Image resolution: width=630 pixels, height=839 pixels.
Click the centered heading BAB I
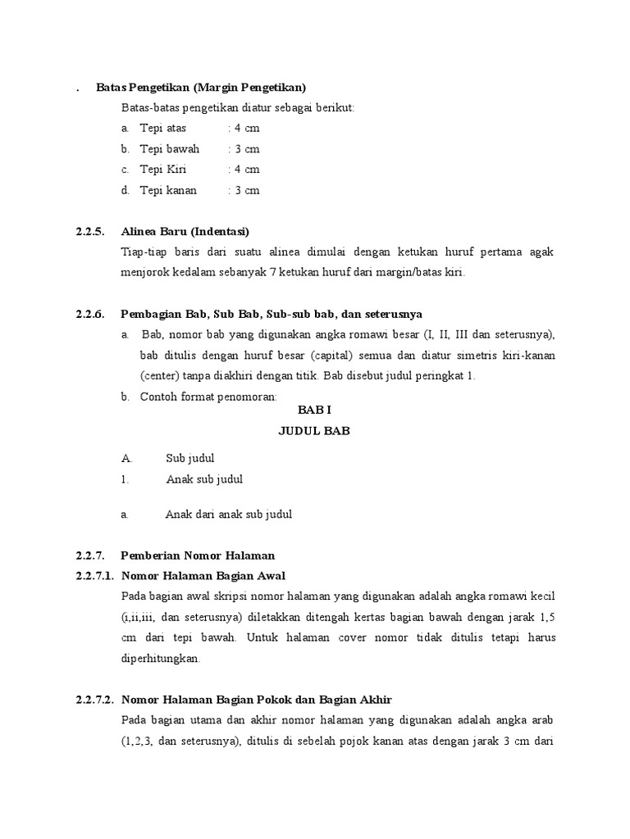point(313,410)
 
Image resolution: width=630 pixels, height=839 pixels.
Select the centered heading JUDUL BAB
point(314,431)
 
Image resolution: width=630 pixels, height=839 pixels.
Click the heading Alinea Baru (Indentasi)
point(185,231)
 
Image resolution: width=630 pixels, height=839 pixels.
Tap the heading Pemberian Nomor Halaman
point(198,556)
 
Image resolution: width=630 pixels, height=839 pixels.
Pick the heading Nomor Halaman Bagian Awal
point(203,575)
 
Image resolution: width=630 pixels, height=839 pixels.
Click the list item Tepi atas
point(163,129)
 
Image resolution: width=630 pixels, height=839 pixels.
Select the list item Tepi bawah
point(170,149)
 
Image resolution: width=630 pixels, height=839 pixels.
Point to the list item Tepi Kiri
point(163,170)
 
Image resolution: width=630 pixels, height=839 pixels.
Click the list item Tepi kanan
point(168,190)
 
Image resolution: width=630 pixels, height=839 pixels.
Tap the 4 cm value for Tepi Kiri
point(247,170)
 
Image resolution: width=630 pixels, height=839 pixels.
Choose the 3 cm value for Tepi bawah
point(247,149)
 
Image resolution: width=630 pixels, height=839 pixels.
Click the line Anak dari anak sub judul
point(229,515)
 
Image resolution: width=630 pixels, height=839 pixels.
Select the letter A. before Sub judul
point(126,459)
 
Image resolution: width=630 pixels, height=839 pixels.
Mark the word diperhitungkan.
point(160,658)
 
